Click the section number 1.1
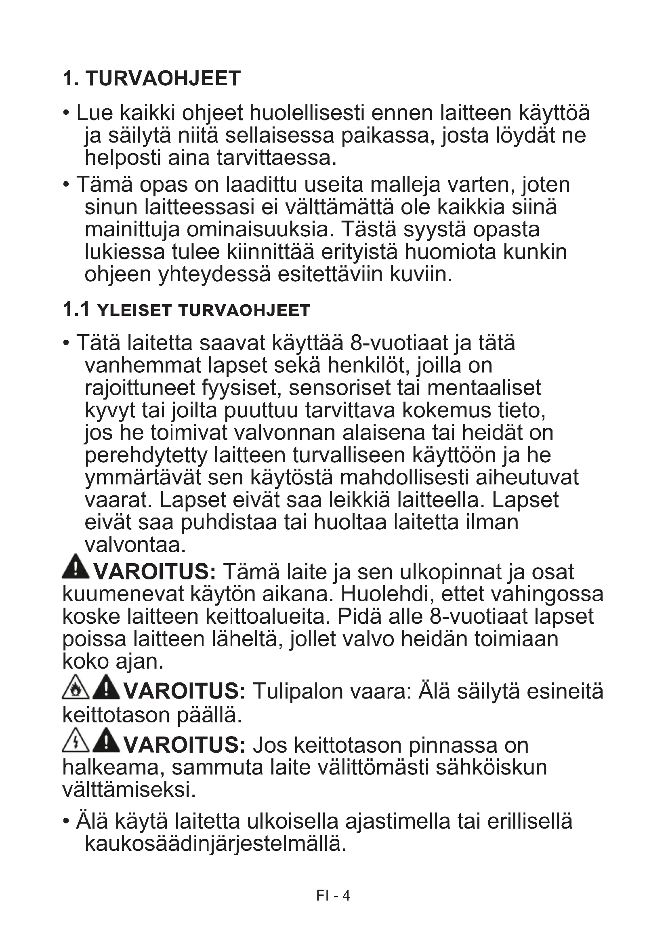coord(76,309)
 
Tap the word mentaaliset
coord(484,388)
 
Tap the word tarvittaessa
coord(276,158)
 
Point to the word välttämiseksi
coord(129,789)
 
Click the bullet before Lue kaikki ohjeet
coord(66,113)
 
